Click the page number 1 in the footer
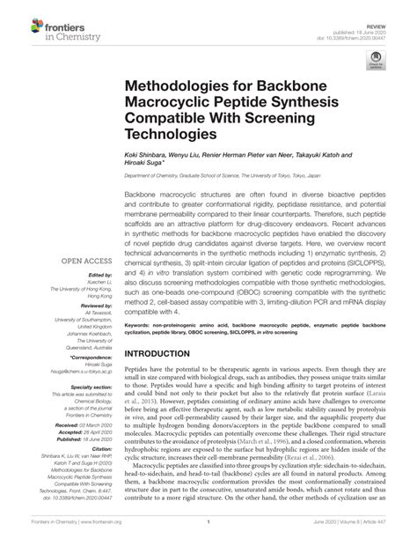pos(208,534)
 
